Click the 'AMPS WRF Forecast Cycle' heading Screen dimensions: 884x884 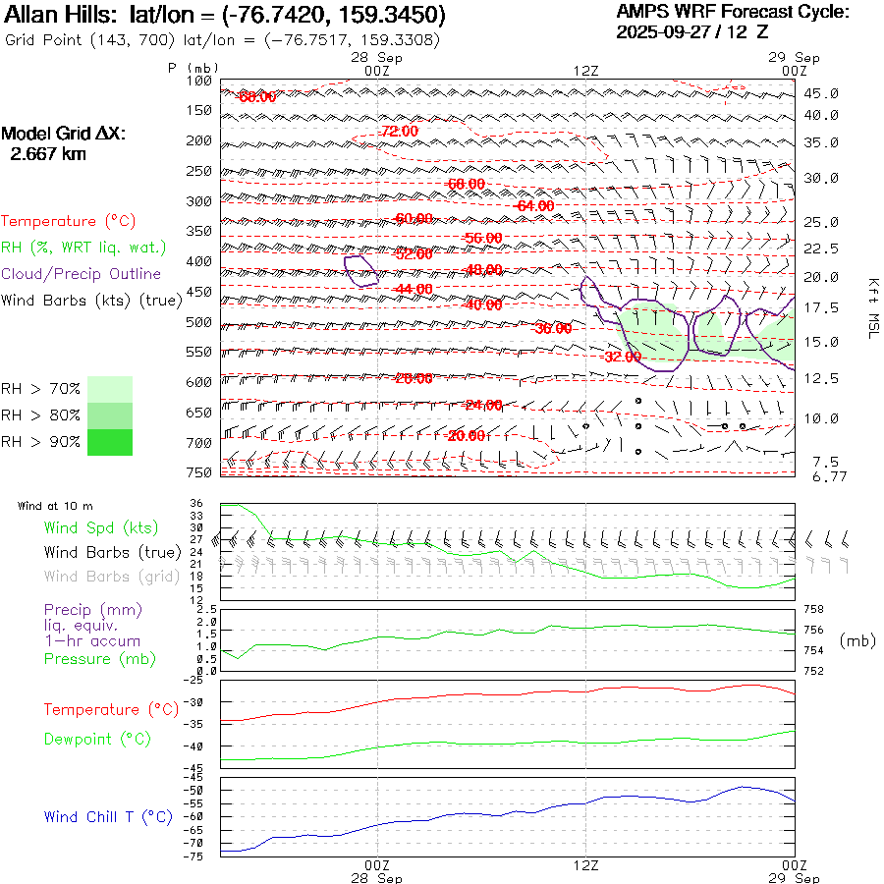733,12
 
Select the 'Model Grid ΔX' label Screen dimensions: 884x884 64,134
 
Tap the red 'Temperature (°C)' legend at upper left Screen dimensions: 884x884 63,222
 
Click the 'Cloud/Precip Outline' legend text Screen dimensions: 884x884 82,273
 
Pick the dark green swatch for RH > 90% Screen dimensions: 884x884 109,442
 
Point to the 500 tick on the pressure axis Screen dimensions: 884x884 199,322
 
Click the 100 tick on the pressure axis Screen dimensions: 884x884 199,81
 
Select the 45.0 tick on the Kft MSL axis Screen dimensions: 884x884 820,94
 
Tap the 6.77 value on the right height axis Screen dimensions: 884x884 820,477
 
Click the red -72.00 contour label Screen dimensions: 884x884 400,131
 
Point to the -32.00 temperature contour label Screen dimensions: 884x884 622,357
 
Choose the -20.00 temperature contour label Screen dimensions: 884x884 466,435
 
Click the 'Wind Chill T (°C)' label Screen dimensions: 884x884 108,817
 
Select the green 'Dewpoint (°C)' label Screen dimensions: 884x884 97,739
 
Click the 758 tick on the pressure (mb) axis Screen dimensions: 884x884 815,610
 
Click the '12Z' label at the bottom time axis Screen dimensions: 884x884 585,865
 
